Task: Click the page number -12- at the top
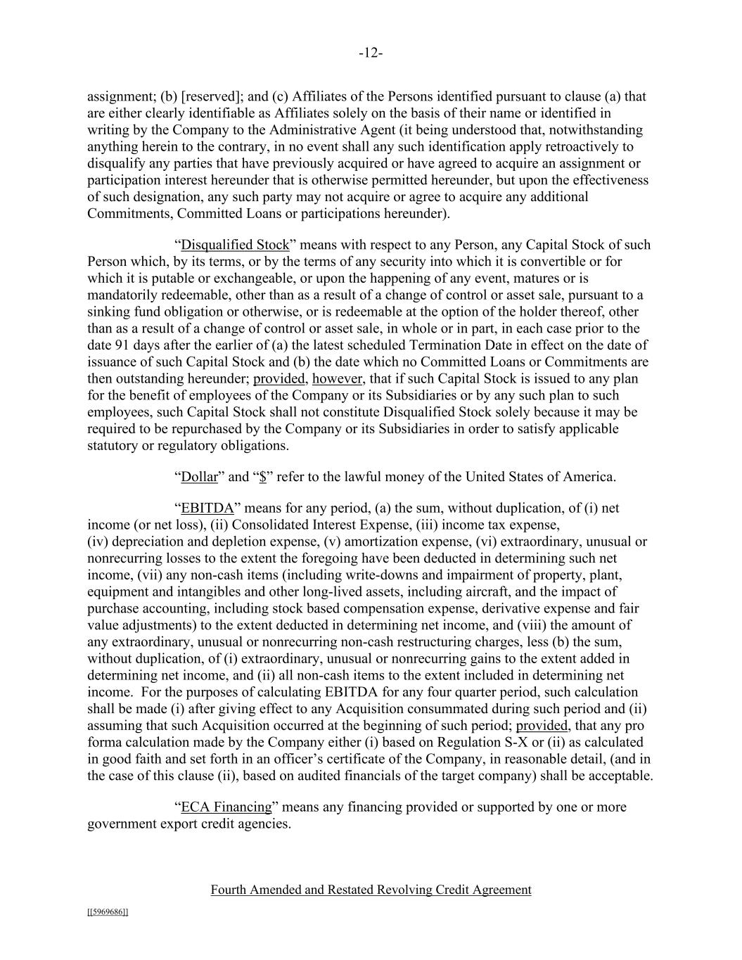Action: point(371,53)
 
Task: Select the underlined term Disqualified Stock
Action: point(235,245)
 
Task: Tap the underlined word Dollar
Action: point(200,477)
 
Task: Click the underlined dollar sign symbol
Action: point(262,477)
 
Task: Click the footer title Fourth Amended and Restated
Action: point(371,890)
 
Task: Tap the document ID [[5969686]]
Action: point(108,912)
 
